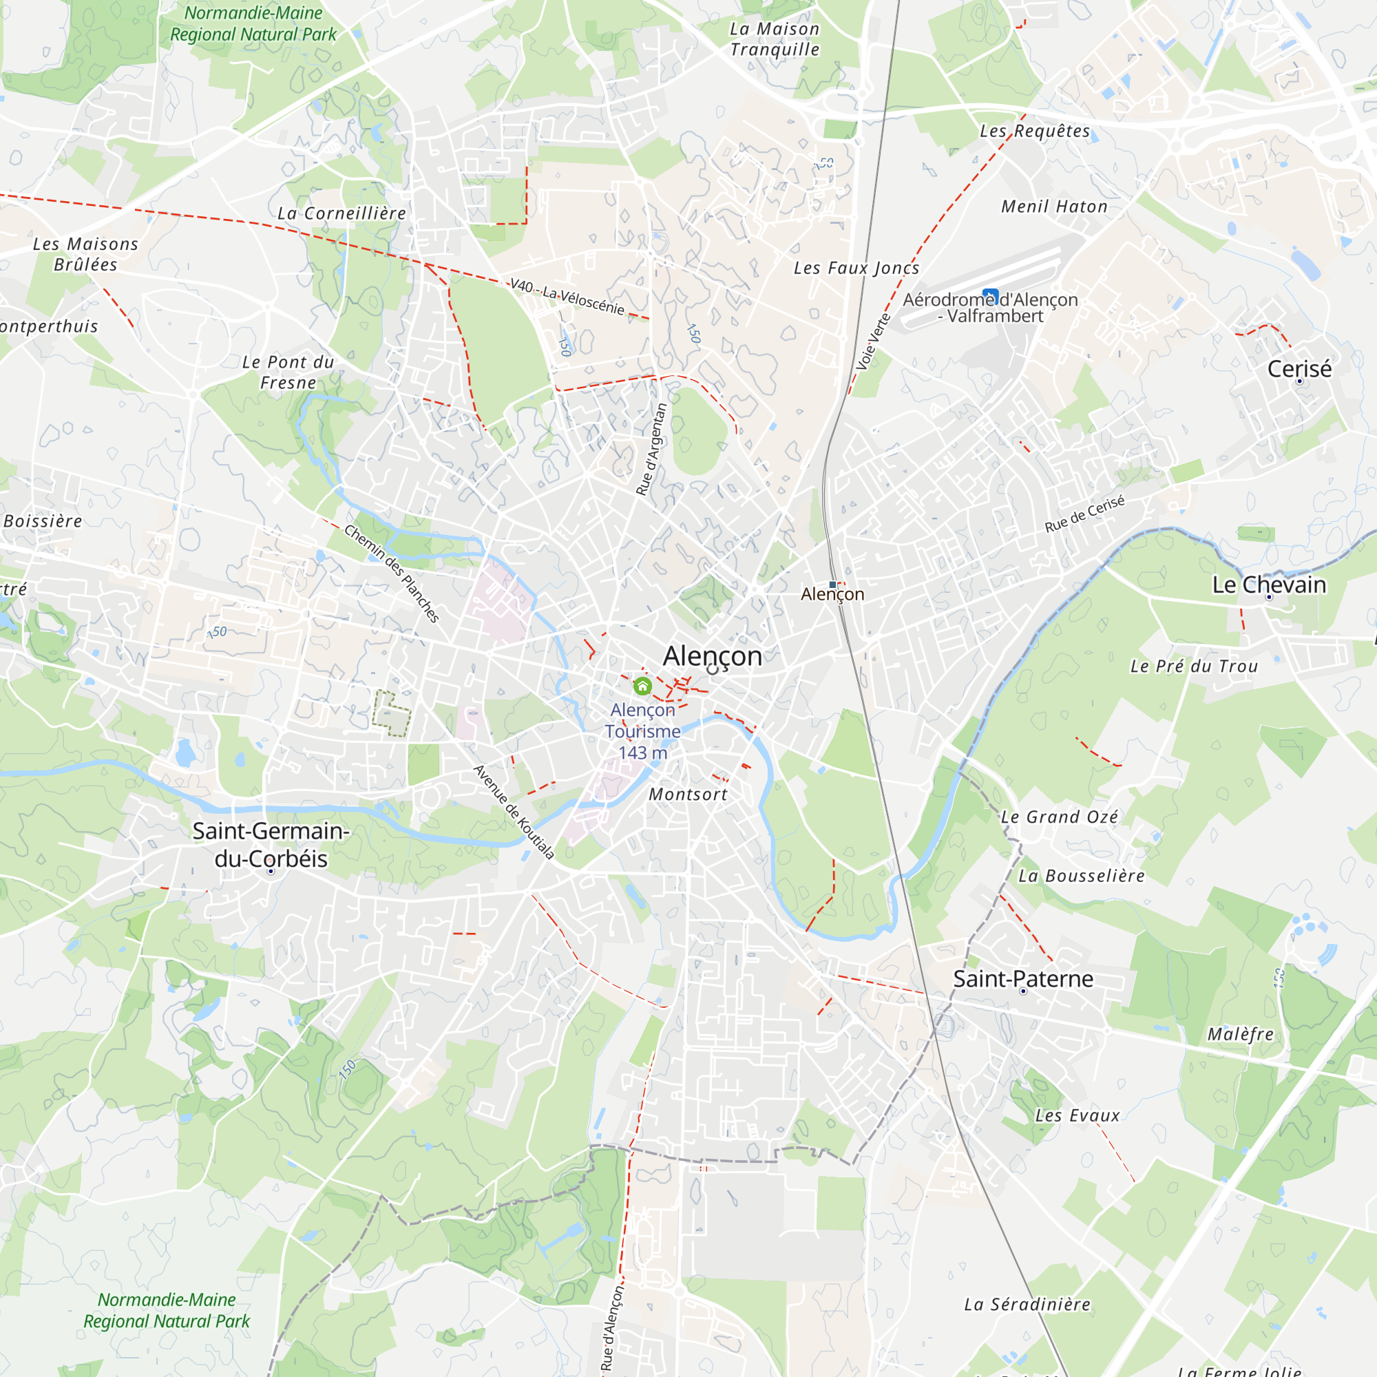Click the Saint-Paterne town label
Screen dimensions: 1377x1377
[x=1023, y=978]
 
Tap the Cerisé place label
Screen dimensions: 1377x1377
[x=1299, y=368]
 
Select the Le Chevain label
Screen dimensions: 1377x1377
[x=1270, y=585]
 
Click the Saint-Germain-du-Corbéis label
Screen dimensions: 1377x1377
[x=271, y=845]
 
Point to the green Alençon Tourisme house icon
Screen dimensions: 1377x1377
[x=642, y=686]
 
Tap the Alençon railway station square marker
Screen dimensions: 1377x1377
[x=832, y=585]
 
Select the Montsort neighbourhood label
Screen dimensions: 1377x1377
[x=688, y=794]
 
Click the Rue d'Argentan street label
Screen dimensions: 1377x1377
[x=651, y=449]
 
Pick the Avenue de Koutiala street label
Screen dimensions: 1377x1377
[x=514, y=812]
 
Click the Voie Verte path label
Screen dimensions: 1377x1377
[x=873, y=341]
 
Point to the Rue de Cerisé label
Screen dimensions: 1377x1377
[x=1084, y=513]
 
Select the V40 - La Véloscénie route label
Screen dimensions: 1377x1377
[x=567, y=296]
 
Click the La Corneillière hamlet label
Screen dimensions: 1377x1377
[x=341, y=213]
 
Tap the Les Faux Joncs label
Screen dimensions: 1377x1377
[x=856, y=268]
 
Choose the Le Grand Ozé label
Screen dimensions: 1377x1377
[x=1059, y=817]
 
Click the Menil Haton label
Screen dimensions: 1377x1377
[x=1054, y=207]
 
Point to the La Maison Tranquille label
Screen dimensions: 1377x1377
[x=775, y=39]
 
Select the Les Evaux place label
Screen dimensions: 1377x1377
[x=1077, y=1115]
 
